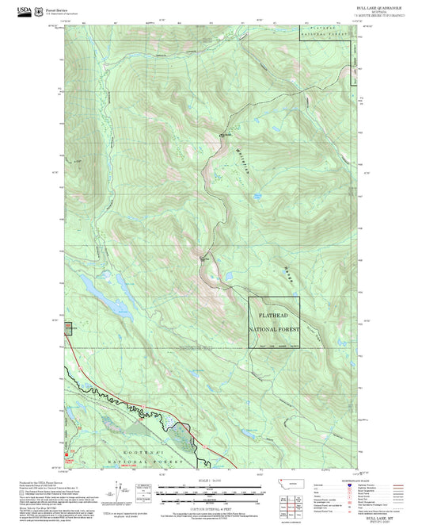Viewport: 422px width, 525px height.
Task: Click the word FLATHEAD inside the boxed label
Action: (x=274, y=316)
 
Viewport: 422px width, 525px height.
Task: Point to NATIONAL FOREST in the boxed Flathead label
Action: (x=274, y=328)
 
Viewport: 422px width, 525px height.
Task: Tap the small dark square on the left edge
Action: (x=67, y=326)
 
